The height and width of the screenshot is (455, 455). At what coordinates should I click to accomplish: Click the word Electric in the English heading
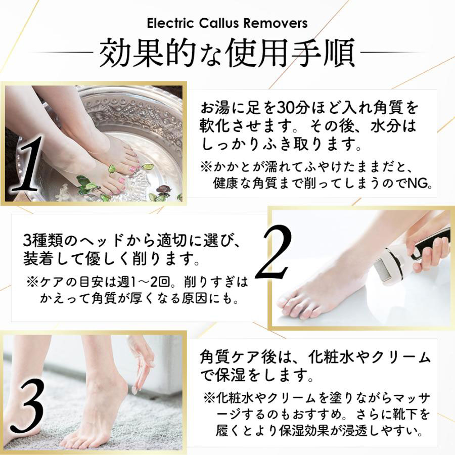click(x=170, y=23)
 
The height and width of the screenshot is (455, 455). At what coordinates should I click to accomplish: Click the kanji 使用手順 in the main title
click(x=293, y=53)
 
